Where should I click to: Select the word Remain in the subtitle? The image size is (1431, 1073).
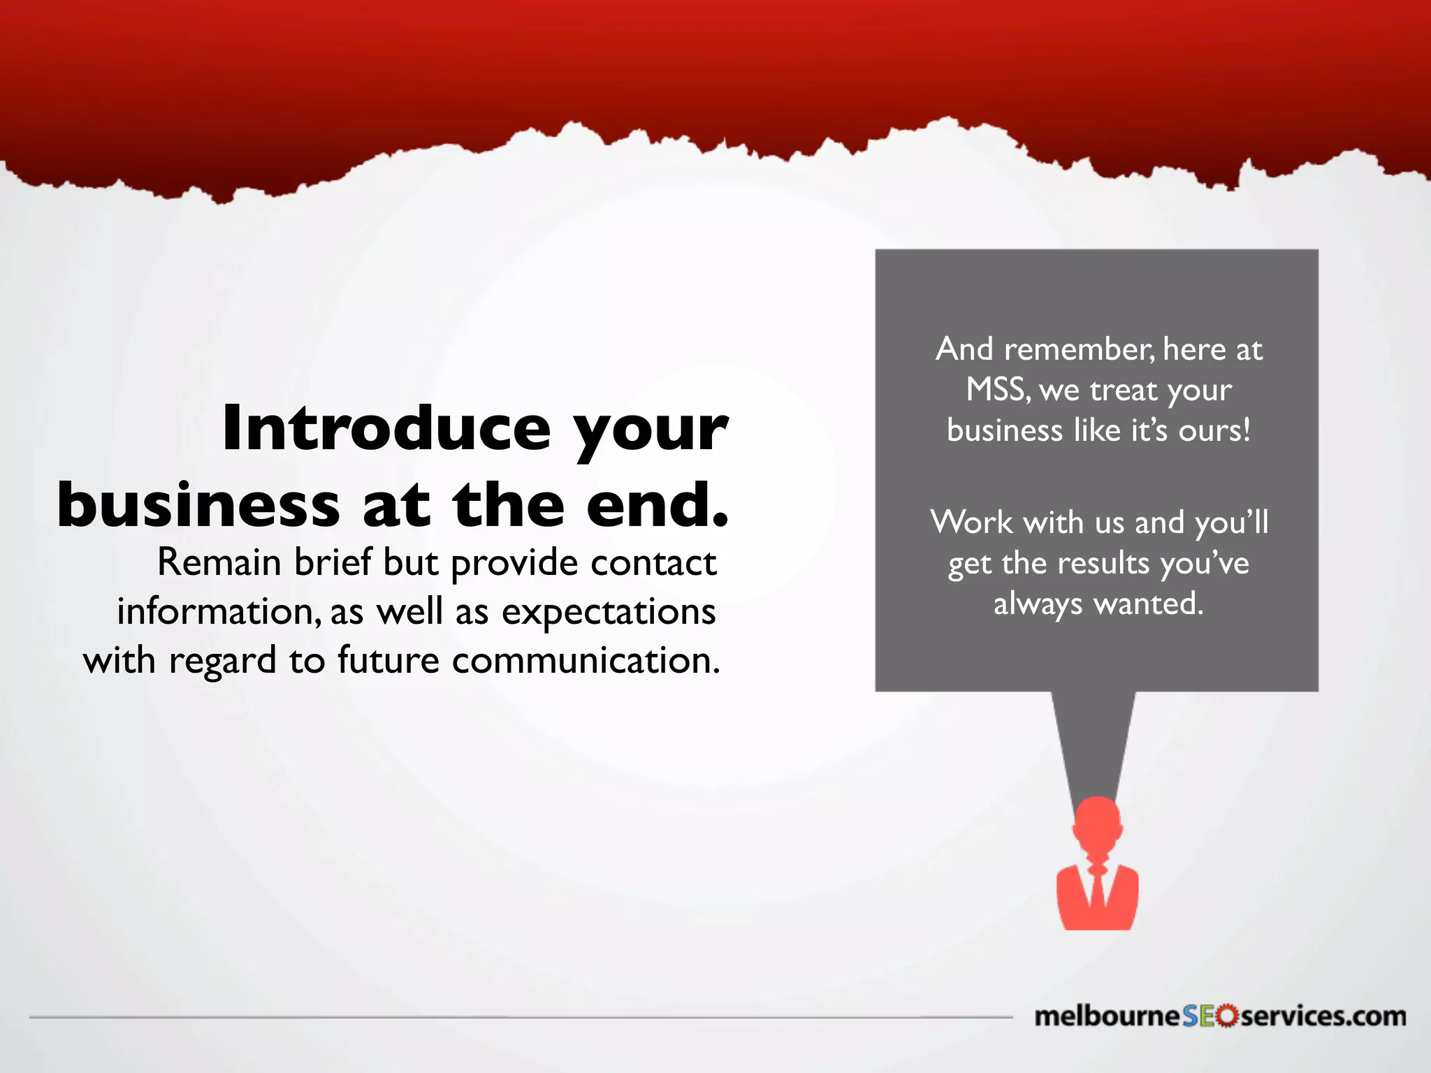pyautogui.click(x=219, y=562)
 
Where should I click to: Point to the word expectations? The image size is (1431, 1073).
pyautogui.click(x=609, y=612)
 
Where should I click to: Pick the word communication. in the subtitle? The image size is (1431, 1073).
pyautogui.click(x=586, y=661)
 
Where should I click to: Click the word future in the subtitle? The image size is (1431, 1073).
pyautogui.click(x=388, y=661)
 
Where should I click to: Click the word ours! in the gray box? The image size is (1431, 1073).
pyautogui.click(x=1214, y=430)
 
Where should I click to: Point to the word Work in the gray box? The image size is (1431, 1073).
pyautogui.click(x=971, y=523)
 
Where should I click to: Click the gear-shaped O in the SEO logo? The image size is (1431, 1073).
pyautogui.click(x=1226, y=1016)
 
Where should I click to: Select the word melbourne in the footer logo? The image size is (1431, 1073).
pyautogui.click(x=1107, y=1016)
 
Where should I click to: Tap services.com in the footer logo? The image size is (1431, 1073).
pyautogui.click(x=1323, y=1016)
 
